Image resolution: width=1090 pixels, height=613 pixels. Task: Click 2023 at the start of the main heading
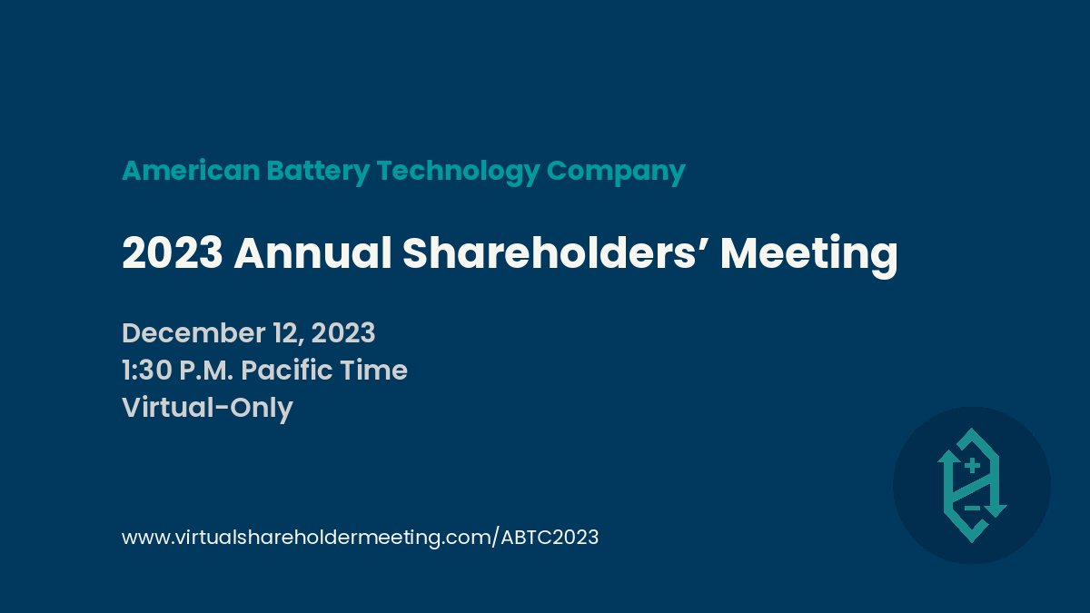click(x=172, y=253)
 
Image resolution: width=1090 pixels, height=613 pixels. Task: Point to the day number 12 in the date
click(x=286, y=333)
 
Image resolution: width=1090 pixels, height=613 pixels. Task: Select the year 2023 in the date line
click(x=343, y=333)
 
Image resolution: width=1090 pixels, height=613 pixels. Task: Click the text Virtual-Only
click(x=207, y=408)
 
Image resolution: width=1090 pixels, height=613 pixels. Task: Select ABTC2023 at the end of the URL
click(x=550, y=537)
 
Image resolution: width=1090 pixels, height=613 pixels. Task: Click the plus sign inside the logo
click(x=971, y=467)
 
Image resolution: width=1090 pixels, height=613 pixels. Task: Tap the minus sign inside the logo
click(x=972, y=508)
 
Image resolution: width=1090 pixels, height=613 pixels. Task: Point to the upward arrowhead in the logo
click(x=947, y=455)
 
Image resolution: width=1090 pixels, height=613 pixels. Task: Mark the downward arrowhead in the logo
click(x=995, y=510)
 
